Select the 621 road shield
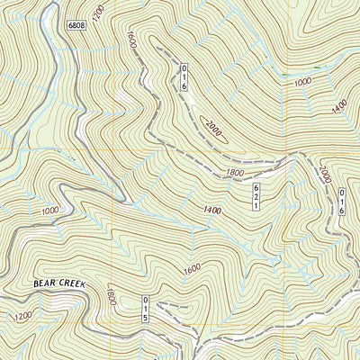click(256, 196)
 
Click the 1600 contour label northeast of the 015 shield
click(191, 267)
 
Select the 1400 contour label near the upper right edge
click(339, 106)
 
